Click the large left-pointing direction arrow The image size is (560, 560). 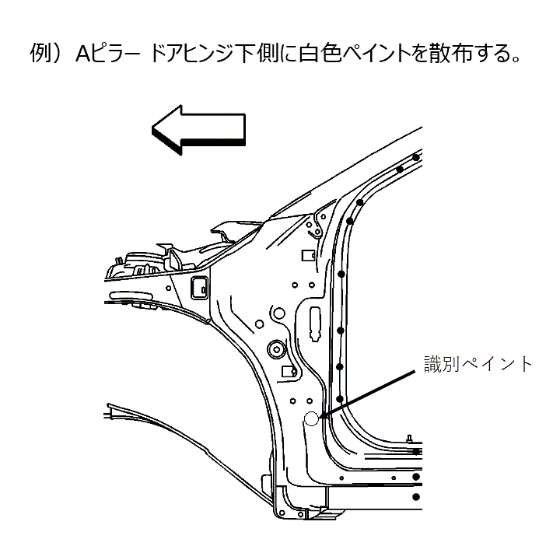[198, 130]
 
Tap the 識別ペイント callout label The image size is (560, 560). [478, 364]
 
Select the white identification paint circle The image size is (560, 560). [311, 418]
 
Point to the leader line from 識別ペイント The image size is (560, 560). [368, 394]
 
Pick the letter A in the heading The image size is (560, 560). [83, 54]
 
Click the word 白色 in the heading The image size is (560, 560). [320, 53]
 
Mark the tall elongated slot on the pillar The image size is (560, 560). [315, 324]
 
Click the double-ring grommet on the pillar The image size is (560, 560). [276, 348]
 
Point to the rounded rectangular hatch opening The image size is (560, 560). [200, 288]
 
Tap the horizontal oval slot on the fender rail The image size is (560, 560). [131, 296]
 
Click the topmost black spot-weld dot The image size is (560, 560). [415, 157]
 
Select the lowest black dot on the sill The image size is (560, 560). [415, 497]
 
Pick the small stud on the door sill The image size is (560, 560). [410, 438]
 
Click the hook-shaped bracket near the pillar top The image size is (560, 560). [316, 227]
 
